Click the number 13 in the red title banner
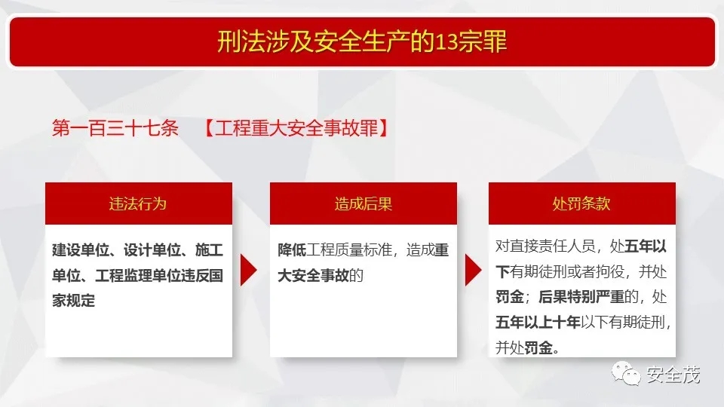click(447, 42)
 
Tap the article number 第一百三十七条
click(115, 128)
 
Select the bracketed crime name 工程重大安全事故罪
click(296, 128)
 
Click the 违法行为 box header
click(139, 203)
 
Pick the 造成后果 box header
click(364, 203)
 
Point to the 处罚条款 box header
click(581, 203)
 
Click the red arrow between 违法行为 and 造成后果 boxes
click(248, 270)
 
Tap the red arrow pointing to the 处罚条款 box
click(474, 270)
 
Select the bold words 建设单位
click(81, 250)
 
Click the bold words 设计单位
click(152, 250)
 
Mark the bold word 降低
click(292, 250)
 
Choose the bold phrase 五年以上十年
click(538, 322)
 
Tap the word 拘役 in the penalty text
click(610, 272)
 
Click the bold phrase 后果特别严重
click(581, 297)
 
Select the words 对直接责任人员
click(545, 246)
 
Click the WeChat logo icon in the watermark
click(626, 373)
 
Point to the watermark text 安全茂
click(673, 375)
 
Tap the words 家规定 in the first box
click(73, 301)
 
